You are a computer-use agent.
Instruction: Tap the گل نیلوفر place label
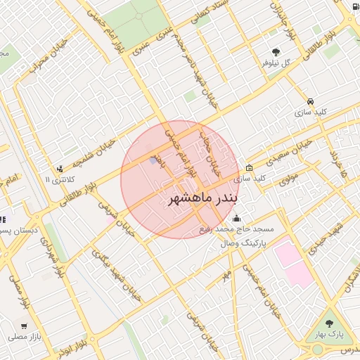(x=275, y=63)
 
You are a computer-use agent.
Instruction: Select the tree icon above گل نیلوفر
(x=276, y=52)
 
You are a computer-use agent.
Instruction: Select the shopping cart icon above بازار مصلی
(x=25, y=326)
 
